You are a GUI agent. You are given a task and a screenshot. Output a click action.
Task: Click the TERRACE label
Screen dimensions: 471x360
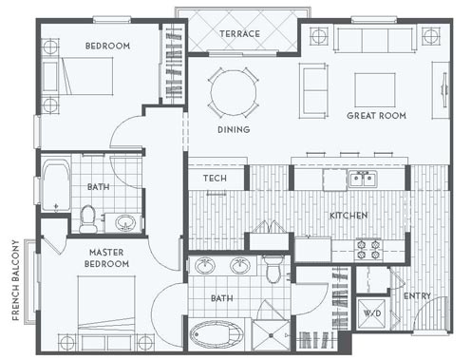[x=239, y=33]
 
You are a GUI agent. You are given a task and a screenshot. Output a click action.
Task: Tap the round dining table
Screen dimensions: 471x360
[x=234, y=93]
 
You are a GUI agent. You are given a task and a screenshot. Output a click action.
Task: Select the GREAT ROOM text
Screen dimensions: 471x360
[x=376, y=116]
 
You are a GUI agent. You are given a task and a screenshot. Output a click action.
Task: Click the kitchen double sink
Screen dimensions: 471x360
[x=363, y=179]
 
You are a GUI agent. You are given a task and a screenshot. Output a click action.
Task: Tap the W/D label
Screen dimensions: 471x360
[x=372, y=313]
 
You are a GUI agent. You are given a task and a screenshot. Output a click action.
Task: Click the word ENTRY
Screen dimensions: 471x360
[x=417, y=296]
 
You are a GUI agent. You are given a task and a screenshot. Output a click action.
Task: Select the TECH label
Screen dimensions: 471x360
[x=215, y=179]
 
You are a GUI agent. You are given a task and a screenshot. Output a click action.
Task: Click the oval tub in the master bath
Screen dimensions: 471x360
[x=217, y=334]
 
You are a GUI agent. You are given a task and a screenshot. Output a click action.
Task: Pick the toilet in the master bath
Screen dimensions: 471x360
[x=273, y=269]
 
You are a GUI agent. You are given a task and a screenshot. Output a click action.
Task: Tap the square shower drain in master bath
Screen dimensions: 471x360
[x=271, y=335]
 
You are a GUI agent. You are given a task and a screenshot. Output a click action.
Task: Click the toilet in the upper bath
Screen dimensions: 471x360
[x=88, y=218]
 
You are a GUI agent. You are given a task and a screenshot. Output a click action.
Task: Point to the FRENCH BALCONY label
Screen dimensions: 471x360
[x=15, y=280]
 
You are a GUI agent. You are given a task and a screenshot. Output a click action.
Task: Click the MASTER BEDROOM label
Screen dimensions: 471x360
[x=106, y=258]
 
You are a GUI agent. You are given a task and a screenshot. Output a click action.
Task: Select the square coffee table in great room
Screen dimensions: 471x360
[x=375, y=90]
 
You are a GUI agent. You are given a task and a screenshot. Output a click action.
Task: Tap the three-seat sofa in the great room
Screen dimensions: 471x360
[x=375, y=39]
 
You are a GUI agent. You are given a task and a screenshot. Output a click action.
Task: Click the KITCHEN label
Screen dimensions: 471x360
[x=349, y=216]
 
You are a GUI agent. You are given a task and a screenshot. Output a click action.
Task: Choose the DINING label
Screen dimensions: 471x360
[x=234, y=129]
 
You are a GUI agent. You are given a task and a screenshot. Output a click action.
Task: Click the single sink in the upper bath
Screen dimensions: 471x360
[x=125, y=222]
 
